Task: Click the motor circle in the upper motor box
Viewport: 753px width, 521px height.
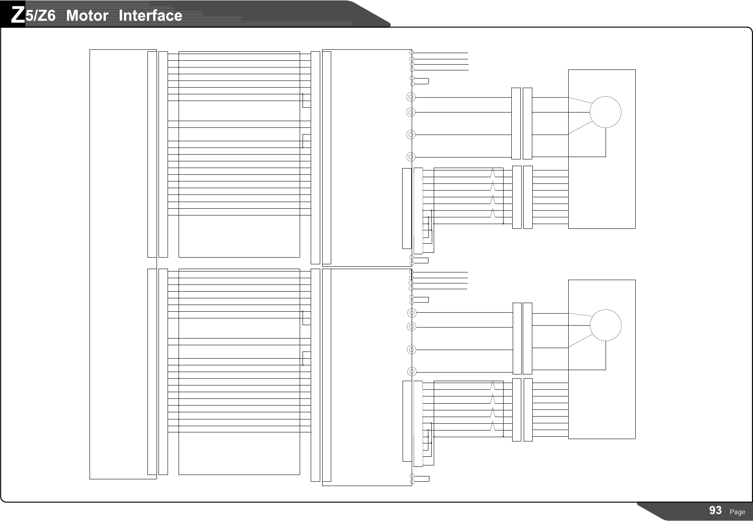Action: [605, 112]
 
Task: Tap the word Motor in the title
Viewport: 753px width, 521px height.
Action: [87, 16]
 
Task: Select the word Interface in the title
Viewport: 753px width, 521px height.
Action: [150, 16]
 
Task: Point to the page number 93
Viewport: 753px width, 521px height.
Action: [715, 510]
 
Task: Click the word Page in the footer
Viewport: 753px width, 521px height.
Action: [737, 512]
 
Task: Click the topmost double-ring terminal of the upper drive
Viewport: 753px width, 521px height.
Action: [410, 97]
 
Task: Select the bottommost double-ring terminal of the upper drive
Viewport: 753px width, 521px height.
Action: [410, 157]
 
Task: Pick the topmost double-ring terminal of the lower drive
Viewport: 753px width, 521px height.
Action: [411, 313]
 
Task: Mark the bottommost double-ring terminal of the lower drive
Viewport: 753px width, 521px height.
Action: [411, 371]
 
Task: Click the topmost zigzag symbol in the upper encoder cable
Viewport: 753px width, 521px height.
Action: [493, 172]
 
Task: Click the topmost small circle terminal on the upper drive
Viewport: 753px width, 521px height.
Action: [412, 53]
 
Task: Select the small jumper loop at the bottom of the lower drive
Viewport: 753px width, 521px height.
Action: [421, 478]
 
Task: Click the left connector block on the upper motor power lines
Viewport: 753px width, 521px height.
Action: [516, 124]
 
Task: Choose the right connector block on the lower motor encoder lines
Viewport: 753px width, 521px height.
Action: [528, 410]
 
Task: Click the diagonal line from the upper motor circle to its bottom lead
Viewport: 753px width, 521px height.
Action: [579, 128]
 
